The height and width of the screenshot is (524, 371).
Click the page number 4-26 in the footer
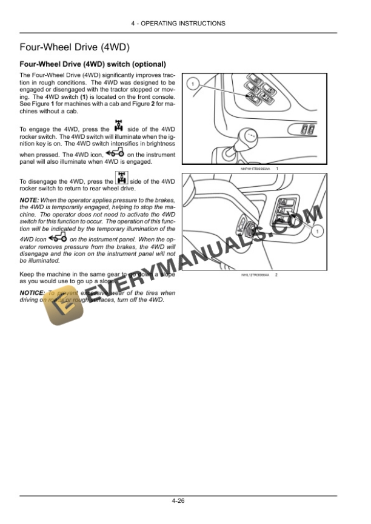coord(178,502)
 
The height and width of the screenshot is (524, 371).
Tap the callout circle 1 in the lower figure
coord(317,230)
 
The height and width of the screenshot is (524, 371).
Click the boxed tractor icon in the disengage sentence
coord(122,179)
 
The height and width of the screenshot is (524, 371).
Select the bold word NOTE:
coord(29,200)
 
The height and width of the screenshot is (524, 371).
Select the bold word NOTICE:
coord(32,293)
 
